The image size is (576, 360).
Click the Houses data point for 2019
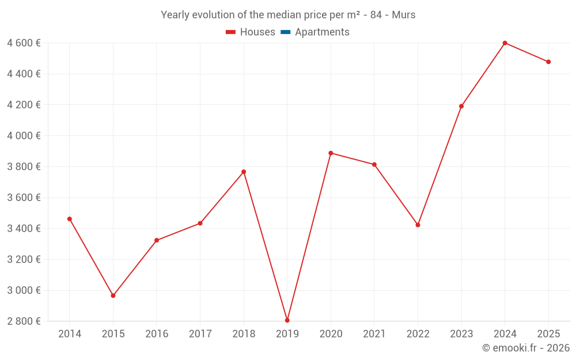287,320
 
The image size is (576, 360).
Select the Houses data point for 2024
505,43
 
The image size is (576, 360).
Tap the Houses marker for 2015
113,295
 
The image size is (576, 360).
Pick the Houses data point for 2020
331,153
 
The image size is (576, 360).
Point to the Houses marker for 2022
418,225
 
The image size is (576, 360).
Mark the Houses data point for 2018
244,172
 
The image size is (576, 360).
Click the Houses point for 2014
70,219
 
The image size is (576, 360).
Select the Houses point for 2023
461,106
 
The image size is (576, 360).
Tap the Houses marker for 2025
548,62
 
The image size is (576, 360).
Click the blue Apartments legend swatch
285,32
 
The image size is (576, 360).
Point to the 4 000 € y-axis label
24,136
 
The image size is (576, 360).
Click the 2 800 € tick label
24,321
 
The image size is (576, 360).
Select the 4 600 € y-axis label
24,43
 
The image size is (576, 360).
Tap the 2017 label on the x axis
200,334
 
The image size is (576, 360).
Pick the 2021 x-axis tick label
374,334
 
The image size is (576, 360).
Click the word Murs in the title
403,15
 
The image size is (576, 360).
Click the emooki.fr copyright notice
525,348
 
